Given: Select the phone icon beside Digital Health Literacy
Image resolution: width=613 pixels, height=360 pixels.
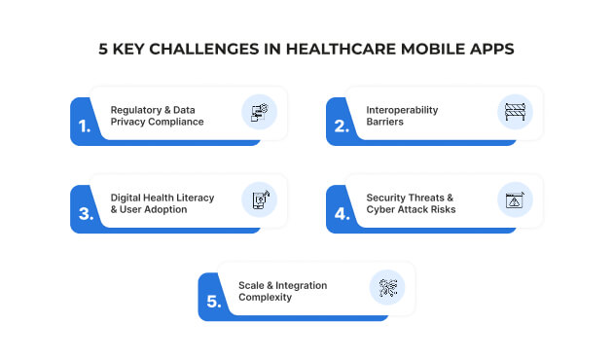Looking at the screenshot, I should [x=260, y=199].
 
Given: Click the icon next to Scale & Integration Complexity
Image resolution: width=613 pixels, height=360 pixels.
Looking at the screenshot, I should [x=387, y=288].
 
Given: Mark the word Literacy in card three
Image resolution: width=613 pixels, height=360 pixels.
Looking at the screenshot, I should [x=194, y=197].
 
